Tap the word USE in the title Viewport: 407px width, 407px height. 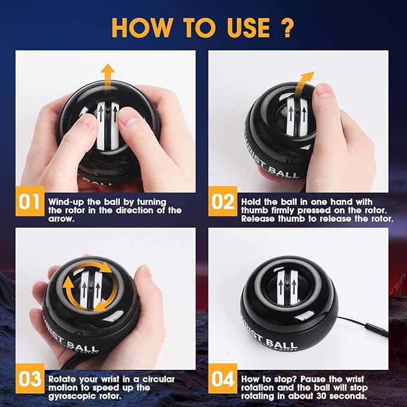[x=248, y=27]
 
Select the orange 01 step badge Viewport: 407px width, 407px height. [x=30, y=201]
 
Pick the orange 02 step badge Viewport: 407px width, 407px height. [x=223, y=201]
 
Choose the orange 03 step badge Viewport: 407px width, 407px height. [x=30, y=379]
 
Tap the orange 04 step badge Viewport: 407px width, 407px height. [x=223, y=379]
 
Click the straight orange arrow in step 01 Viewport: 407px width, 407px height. [x=108, y=80]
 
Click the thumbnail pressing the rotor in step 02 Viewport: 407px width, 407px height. [x=324, y=94]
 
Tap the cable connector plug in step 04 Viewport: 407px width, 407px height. [x=376, y=330]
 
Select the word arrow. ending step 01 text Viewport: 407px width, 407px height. [x=61, y=219]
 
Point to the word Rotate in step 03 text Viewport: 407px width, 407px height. [x=62, y=379]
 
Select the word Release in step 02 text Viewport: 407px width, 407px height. [x=258, y=219]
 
